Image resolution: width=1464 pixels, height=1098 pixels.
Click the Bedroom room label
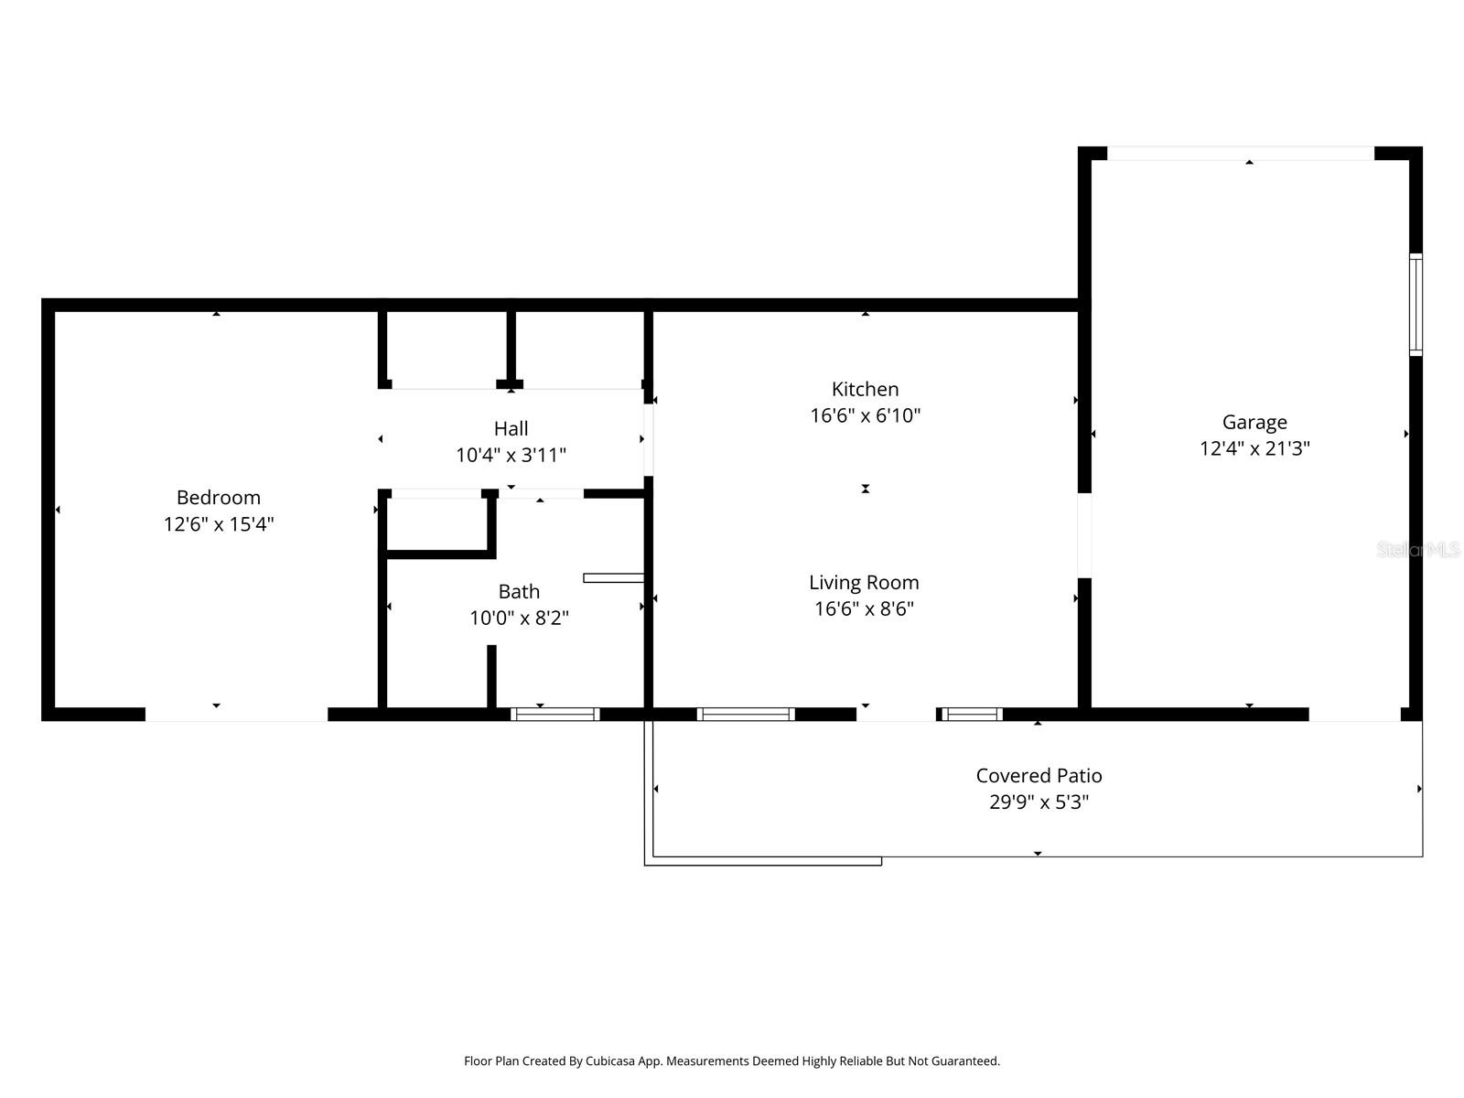(x=218, y=498)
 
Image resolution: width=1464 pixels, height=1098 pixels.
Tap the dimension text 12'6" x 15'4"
(x=219, y=524)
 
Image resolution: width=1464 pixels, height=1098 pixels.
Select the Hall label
(x=511, y=428)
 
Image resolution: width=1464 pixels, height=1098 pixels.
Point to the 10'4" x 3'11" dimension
(x=511, y=455)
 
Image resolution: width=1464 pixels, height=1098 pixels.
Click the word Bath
(x=519, y=592)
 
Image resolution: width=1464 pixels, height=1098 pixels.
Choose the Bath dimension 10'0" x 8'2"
(x=519, y=619)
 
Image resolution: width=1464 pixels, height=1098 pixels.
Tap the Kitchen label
(x=865, y=389)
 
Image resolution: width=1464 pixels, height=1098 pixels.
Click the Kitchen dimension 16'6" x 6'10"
(x=865, y=415)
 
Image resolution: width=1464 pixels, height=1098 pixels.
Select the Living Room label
(x=864, y=583)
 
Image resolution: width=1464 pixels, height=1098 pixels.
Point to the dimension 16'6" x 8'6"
(x=864, y=609)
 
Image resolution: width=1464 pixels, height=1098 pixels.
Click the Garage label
(x=1254, y=423)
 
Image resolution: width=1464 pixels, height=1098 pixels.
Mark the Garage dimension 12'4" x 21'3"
(x=1254, y=448)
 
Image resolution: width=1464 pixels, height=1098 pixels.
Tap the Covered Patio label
(x=1039, y=776)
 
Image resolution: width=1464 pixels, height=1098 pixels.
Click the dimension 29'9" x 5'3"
(x=1039, y=802)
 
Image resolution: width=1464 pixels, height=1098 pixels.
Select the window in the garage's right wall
(x=1416, y=304)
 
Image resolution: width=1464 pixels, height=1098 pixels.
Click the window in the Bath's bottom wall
(x=554, y=715)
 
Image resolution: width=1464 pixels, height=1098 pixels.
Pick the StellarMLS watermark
(x=1418, y=550)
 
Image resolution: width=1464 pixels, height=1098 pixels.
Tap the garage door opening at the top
(x=1241, y=154)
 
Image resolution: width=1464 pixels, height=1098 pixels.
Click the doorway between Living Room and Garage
(x=1084, y=535)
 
